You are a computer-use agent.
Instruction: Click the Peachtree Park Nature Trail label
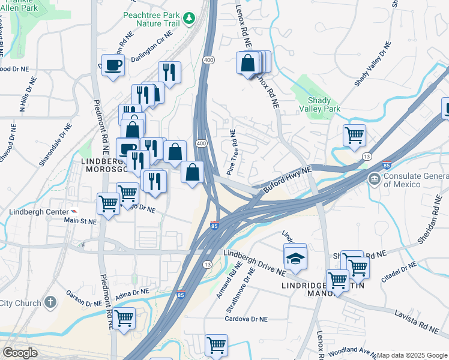click(151, 19)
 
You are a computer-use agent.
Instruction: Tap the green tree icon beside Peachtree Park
click(190, 18)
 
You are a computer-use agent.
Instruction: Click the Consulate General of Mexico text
click(415, 179)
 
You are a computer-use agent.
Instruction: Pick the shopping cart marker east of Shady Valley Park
click(355, 134)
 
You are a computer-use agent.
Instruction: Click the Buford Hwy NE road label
click(288, 179)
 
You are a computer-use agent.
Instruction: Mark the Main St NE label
click(80, 221)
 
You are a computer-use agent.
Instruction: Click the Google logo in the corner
click(20, 353)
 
